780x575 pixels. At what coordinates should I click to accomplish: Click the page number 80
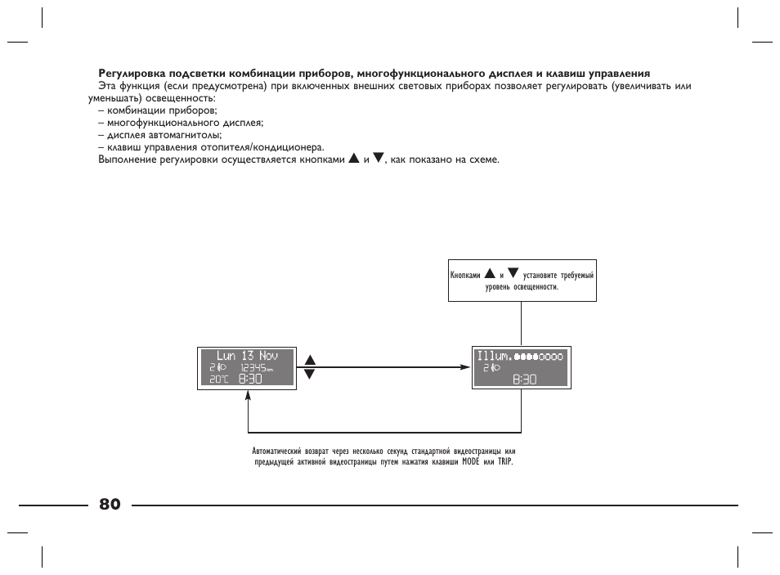[x=110, y=504]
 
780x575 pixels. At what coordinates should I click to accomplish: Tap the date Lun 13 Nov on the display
[x=247, y=356]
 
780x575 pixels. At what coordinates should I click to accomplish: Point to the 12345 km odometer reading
[x=255, y=368]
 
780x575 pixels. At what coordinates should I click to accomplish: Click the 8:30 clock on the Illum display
[x=525, y=380]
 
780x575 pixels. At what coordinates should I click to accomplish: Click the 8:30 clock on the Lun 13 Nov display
[x=251, y=380]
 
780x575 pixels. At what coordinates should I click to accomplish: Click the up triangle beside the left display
[x=309, y=360]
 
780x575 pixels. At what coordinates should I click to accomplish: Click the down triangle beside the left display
[x=309, y=374]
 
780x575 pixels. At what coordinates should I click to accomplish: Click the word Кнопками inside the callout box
[x=465, y=276]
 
